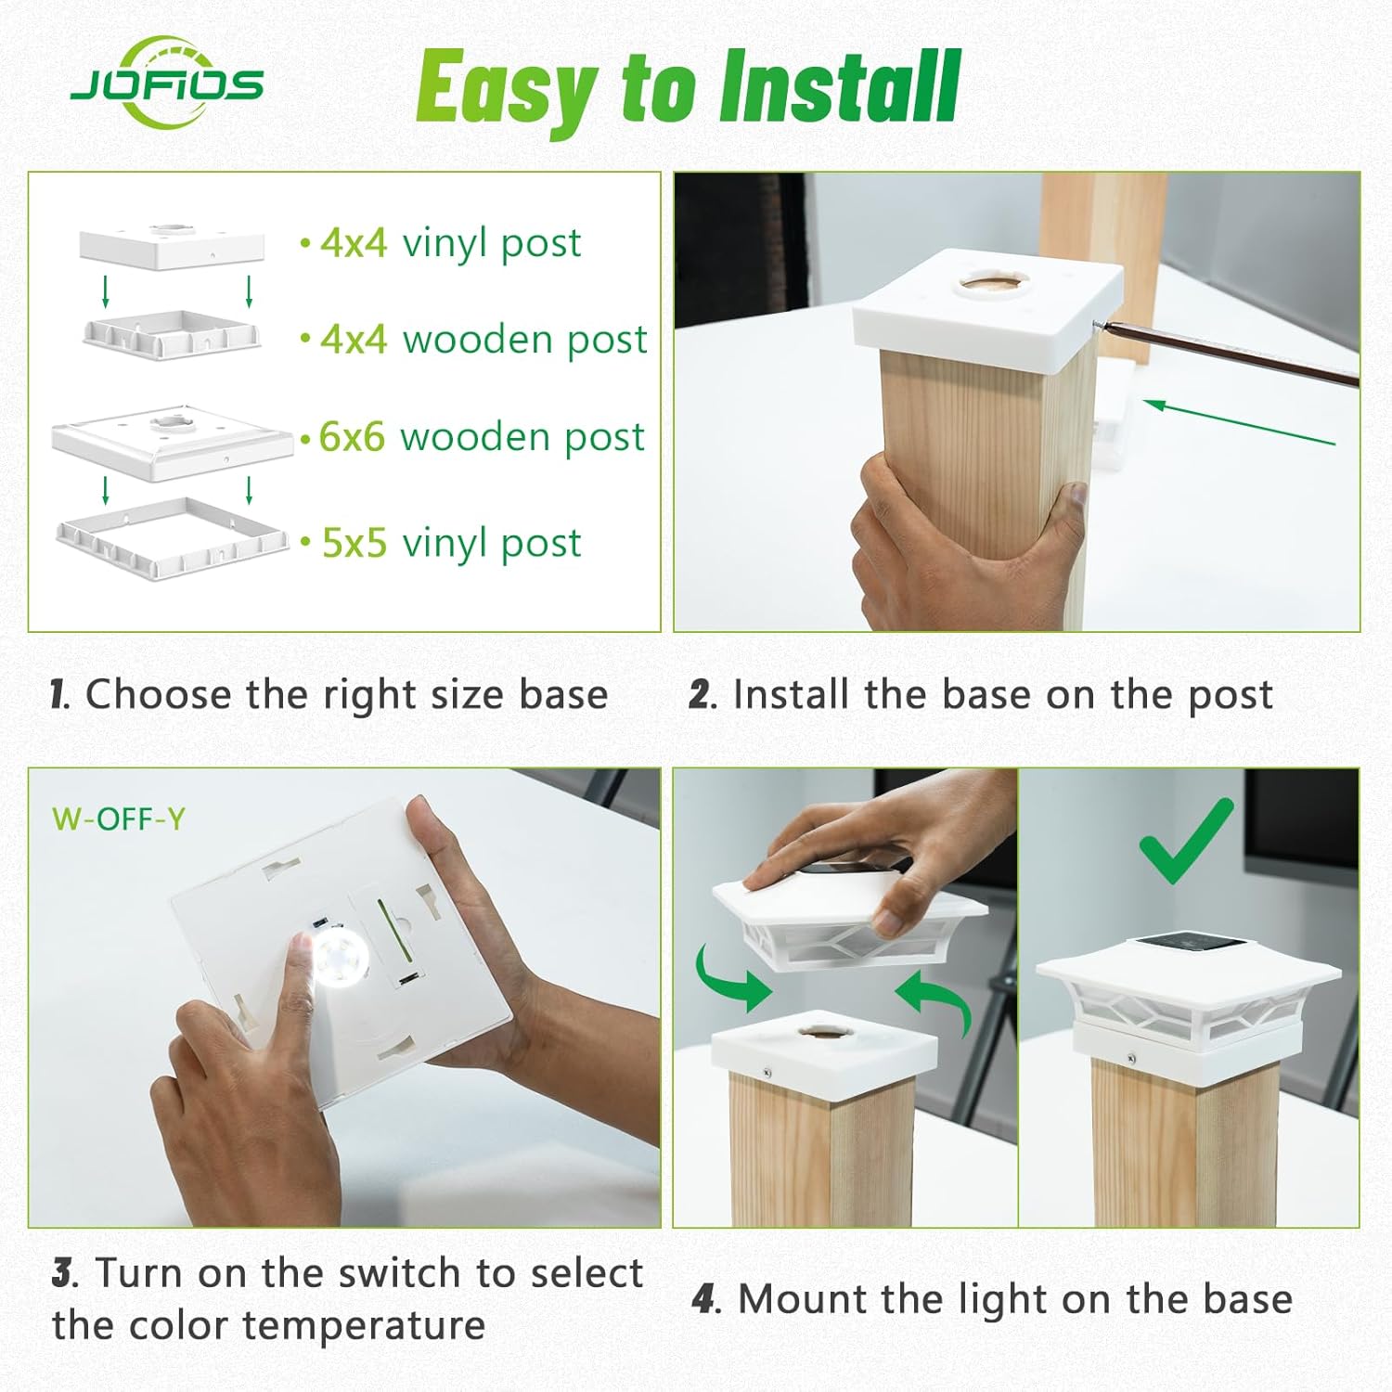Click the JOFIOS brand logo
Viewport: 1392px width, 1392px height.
pos(167,84)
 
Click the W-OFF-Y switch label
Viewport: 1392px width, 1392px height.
pos(119,819)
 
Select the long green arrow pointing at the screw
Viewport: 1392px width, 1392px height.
pos(1239,422)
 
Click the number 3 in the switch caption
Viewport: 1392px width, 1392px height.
pos(62,1273)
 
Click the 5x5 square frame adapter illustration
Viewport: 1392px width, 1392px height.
pos(173,537)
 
